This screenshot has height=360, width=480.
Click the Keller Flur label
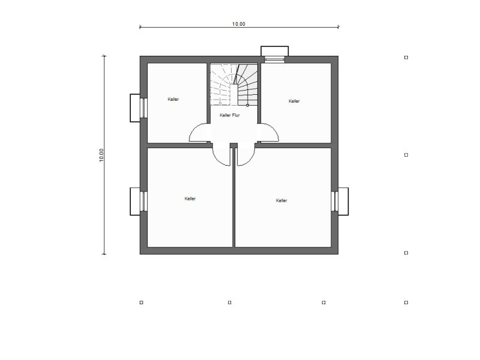(230, 115)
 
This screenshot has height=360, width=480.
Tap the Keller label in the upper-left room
(173, 99)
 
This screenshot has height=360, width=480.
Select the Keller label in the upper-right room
(294, 101)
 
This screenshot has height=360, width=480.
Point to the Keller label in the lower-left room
(190, 199)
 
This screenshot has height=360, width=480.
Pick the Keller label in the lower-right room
(281, 200)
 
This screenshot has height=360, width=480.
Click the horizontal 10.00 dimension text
(238, 24)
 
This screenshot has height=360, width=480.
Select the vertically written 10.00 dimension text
(101, 155)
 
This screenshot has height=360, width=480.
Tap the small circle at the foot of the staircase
(247, 106)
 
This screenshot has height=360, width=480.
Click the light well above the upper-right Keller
(275, 51)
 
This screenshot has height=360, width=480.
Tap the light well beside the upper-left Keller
(135, 108)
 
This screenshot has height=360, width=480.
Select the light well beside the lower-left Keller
(135, 202)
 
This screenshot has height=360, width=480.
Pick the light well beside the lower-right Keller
(343, 202)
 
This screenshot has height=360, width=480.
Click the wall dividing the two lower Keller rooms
(234, 197)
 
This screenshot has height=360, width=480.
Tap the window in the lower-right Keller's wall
(335, 202)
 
